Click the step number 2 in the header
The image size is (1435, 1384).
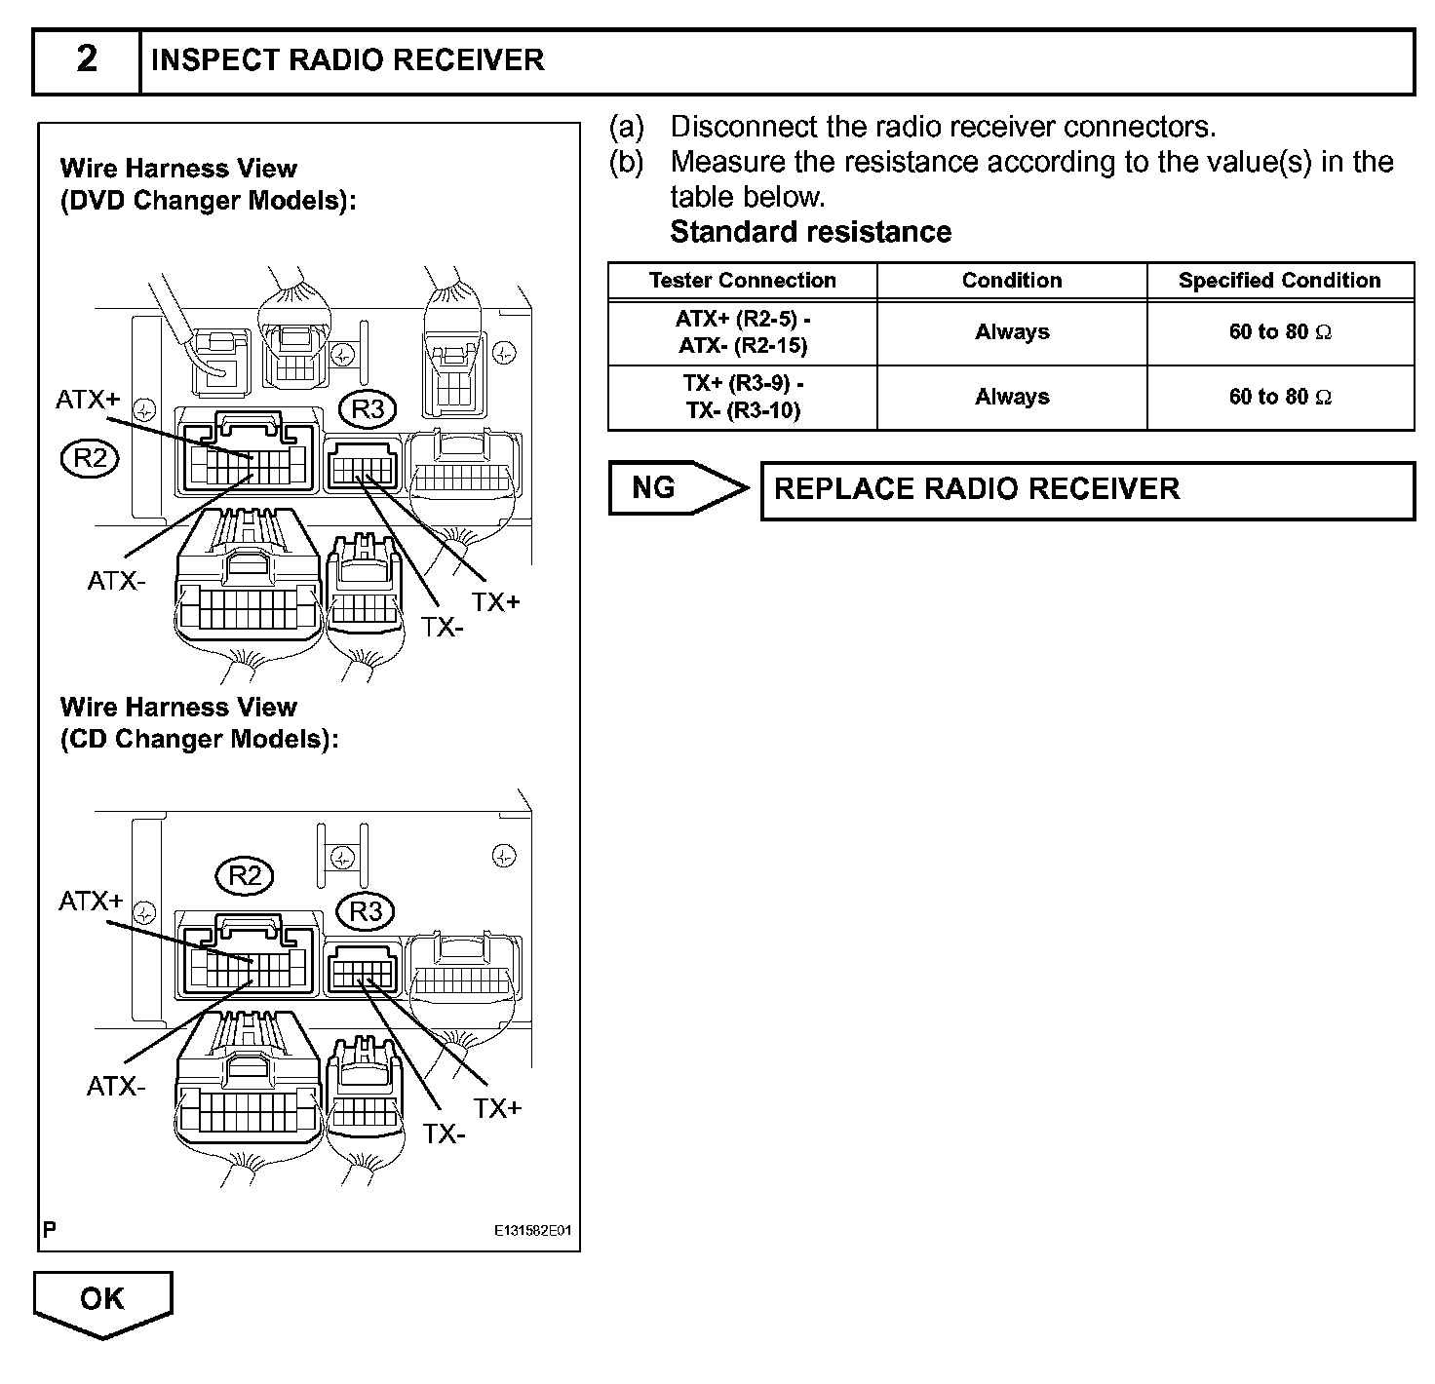(87, 60)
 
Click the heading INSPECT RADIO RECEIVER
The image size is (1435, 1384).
(347, 60)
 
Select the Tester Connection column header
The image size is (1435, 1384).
(742, 281)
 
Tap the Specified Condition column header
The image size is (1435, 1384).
(1279, 281)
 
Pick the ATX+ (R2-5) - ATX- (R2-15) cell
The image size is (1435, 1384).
(742, 332)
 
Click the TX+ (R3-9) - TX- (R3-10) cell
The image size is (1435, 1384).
(742, 398)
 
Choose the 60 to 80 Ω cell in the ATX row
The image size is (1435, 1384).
(1279, 332)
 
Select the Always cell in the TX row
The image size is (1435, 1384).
(1012, 398)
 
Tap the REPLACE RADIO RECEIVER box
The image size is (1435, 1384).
(1086, 489)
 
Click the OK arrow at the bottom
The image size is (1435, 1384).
(102, 1301)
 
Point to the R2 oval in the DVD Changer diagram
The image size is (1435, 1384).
(90, 457)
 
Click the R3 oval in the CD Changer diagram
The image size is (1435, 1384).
(366, 912)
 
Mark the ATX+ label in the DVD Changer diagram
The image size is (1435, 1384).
(88, 400)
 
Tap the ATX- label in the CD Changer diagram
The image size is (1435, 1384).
(116, 1086)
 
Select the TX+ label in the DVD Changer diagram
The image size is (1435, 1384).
(496, 602)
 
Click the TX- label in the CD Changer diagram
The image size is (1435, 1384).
(444, 1134)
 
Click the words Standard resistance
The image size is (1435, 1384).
(810, 233)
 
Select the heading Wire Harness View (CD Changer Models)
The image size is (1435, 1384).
(199, 723)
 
